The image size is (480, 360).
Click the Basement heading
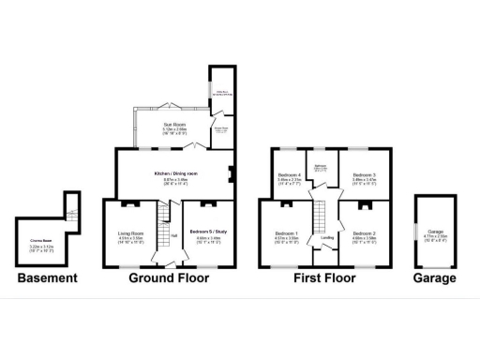pos(46,277)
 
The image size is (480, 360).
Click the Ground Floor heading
pos(168,277)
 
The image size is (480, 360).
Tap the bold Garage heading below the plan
pos(436,277)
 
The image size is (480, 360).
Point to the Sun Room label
pos(173,124)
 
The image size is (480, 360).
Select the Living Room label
pos(130,232)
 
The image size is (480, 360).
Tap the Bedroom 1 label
pos(286,232)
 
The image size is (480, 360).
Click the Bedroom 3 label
pos(364,174)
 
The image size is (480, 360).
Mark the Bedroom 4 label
pos(290,174)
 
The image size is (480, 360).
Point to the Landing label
pos(327,237)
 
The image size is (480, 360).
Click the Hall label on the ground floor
pos(172,235)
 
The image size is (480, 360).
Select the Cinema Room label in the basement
pos(41,242)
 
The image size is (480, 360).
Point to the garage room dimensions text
pos(436,234)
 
